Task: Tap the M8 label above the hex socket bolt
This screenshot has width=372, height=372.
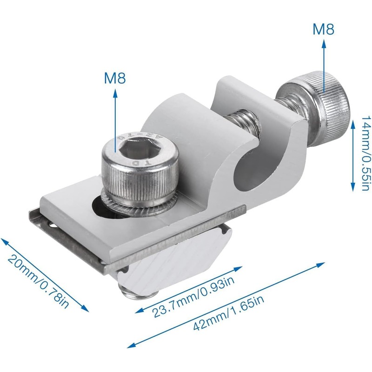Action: click(115, 78)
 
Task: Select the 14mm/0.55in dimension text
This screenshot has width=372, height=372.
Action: click(365, 153)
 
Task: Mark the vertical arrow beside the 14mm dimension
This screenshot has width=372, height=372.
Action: click(352, 153)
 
